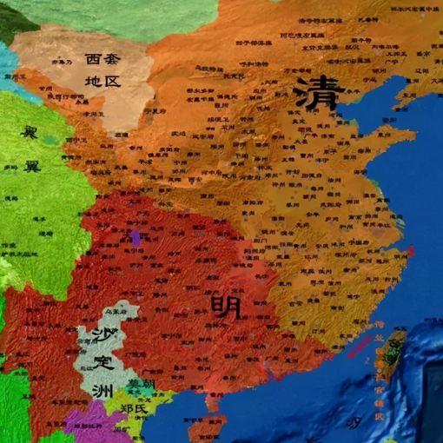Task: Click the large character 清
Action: [x=314, y=93]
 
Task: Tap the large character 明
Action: [x=224, y=306]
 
